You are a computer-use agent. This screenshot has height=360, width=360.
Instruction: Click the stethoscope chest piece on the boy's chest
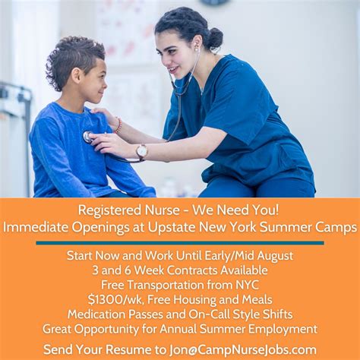point(89,137)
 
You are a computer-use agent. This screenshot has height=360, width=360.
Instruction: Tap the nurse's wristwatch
point(141,151)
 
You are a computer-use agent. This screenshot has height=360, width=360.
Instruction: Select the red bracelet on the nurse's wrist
point(118,125)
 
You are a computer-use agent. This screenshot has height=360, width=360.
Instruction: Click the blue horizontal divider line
point(180,243)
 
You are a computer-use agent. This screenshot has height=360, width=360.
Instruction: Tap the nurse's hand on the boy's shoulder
point(104,115)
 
